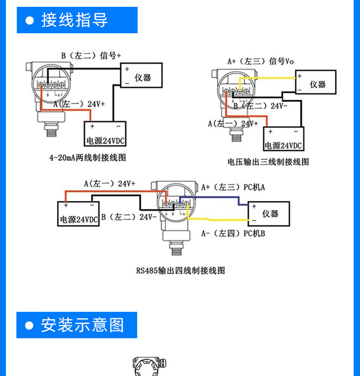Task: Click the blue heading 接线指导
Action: (x=77, y=20)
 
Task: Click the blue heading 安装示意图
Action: (x=77, y=325)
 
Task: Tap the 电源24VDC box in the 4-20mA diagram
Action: (x=105, y=135)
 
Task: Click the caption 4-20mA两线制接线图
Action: (x=87, y=158)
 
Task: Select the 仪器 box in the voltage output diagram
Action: (x=315, y=82)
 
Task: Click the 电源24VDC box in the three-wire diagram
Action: (x=283, y=139)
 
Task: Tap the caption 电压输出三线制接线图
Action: (x=268, y=162)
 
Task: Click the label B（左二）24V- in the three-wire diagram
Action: (x=261, y=106)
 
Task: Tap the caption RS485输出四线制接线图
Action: (x=180, y=271)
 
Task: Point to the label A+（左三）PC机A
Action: (x=233, y=187)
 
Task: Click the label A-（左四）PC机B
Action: (x=233, y=234)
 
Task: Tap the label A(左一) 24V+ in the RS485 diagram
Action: (x=109, y=184)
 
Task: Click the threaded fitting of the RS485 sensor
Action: (x=177, y=250)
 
